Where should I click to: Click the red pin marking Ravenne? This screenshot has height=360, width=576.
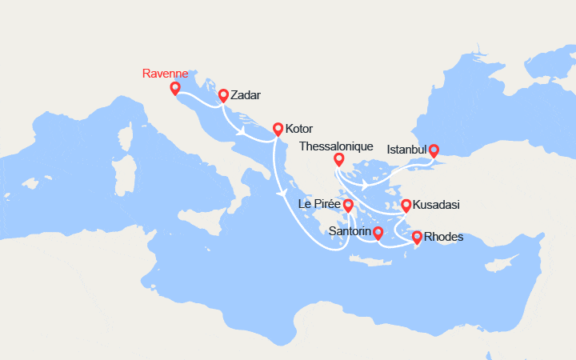pos(175,87)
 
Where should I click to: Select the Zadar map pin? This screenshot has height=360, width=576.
pos(224,95)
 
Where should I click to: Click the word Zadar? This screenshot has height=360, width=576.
pos(246,94)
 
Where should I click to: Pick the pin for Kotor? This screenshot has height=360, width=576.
pos(278,128)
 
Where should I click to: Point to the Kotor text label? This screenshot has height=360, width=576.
pos(298,128)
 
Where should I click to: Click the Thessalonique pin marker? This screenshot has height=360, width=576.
pos(338,158)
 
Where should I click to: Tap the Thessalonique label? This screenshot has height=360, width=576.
pos(336,146)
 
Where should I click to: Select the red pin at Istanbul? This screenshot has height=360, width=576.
pos(434,149)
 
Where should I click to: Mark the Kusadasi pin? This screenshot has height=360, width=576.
pos(406,205)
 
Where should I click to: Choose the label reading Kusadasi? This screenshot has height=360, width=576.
pos(436,205)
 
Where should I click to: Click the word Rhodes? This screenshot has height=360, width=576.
pos(443,236)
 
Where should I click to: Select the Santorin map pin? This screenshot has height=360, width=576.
pos(378,233)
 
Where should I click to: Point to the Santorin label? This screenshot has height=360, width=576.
pos(350,232)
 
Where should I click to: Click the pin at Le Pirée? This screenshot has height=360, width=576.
pos(348,205)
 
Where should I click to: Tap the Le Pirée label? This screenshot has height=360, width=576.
pos(319,204)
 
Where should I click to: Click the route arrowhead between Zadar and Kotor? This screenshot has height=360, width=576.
pos(241,132)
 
